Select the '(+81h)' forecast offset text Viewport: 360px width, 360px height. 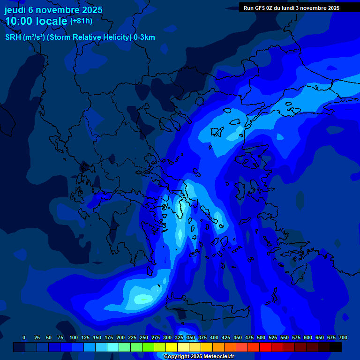[81, 21]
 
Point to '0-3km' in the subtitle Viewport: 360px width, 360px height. [144, 37]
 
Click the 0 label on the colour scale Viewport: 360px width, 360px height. [24, 338]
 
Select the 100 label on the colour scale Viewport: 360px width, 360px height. [74, 338]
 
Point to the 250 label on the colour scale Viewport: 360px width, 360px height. [144, 338]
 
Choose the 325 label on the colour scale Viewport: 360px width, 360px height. [179, 338]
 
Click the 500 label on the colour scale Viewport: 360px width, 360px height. [261, 338]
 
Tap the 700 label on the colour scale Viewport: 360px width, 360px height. [343, 338]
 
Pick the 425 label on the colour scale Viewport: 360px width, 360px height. [226, 338]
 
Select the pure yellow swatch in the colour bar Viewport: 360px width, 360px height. [172, 347]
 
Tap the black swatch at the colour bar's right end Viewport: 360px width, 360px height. [336, 347]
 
